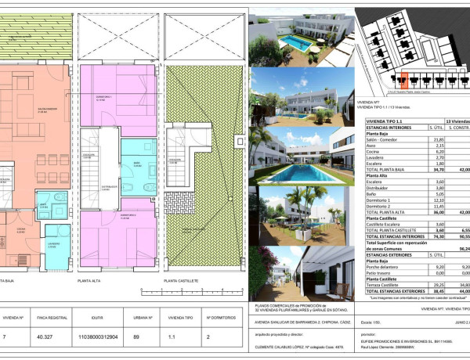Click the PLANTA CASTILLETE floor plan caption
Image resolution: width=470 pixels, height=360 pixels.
[181, 279]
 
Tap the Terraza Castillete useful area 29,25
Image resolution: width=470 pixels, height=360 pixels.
[428, 285]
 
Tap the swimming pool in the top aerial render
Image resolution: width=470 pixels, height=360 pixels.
[294, 40]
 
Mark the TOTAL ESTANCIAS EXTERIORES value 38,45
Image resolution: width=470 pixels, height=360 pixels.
[428, 291]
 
